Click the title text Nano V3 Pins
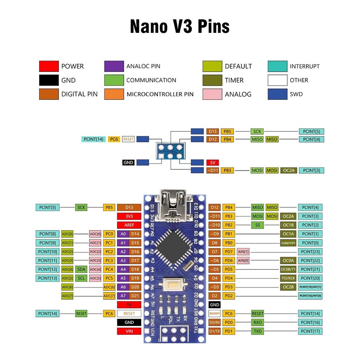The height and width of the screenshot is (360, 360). point(180,27)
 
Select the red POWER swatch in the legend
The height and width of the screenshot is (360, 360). point(49,66)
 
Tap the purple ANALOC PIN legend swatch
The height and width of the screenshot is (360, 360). point(114,66)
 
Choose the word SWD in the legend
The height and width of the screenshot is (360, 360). point(297,94)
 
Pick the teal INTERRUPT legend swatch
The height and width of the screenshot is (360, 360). point(277,66)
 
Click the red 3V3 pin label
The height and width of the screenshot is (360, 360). point(129,216)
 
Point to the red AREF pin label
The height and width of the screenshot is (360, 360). point(129,225)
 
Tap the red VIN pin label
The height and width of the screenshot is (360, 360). point(129,331)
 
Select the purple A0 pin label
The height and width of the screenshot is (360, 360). point(123,234)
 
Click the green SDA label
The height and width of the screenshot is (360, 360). point(81,269)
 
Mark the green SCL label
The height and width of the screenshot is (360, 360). point(81,278)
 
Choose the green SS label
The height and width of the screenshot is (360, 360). point(257,225)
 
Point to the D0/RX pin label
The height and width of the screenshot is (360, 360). point(215,322)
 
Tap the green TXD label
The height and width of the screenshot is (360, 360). point(257,331)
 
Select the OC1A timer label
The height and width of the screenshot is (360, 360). point(288,234)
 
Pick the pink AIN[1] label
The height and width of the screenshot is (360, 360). point(243,252)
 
